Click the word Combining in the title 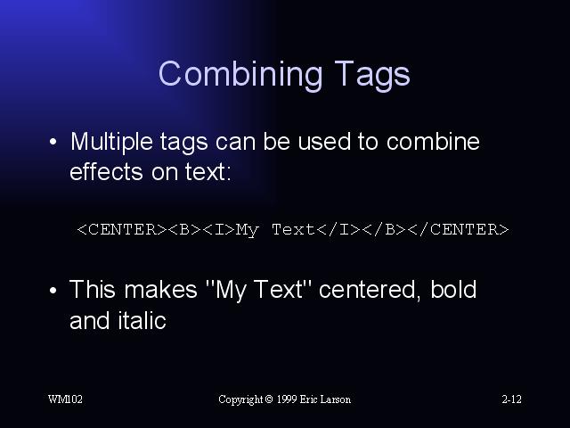coord(240,74)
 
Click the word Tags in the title coord(372,76)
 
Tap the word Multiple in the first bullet coord(111,143)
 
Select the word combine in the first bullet coord(433,141)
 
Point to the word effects coord(106,172)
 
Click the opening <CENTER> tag coord(122,230)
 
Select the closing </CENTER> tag coord(458,230)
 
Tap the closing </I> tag coord(338,230)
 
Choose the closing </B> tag coord(384,230)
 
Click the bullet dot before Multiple coord(53,142)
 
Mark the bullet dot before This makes coord(53,291)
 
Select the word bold coord(453,289)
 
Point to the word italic coord(142,321)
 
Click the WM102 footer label coord(65,399)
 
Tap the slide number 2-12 coord(511,399)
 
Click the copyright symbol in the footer coord(269,399)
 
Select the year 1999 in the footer coord(287,399)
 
